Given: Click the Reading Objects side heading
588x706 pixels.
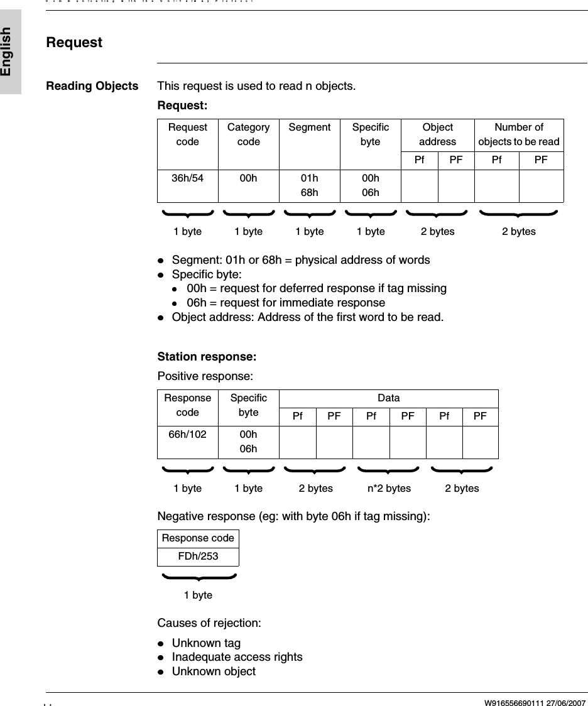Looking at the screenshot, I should click(x=92, y=86).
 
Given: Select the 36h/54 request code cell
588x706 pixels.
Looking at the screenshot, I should click(x=187, y=178).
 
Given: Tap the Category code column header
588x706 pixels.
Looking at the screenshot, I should click(x=248, y=134).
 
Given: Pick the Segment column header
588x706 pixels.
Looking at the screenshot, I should click(x=309, y=128).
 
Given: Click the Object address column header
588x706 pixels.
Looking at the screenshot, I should click(x=437, y=134).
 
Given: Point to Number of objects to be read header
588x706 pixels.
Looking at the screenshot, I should click(x=519, y=134).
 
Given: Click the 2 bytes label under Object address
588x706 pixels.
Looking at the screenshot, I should click(x=437, y=232).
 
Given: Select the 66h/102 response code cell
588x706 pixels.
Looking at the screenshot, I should click(x=187, y=434).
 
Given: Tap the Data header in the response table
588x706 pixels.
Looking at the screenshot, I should click(x=388, y=398).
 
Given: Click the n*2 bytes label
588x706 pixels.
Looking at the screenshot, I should click(x=389, y=489).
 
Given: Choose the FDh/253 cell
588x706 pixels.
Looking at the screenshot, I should click(x=198, y=557).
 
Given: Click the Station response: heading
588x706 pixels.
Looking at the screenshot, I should click(x=207, y=357).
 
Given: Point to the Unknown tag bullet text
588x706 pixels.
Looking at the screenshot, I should click(x=206, y=643).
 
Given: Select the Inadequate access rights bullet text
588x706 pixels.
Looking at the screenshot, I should click(x=237, y=657).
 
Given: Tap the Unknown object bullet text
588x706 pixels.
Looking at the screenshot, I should click(x=214, y=671).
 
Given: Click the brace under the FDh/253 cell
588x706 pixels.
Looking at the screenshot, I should click(x=199, y=577).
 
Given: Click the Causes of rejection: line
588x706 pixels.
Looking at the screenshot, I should click(x=209, y=623).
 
